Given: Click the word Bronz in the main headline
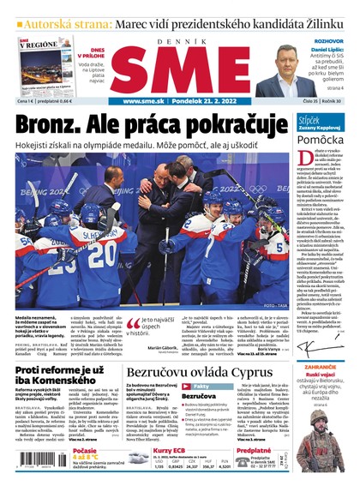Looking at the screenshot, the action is (53, 125).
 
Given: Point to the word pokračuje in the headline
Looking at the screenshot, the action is (239, 125).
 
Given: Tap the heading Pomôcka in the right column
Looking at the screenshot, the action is (321, 138).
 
